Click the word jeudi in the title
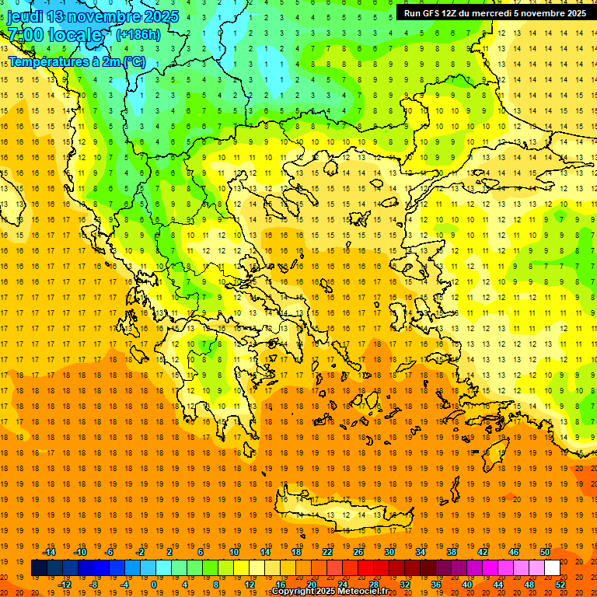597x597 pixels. [x=25, y=16]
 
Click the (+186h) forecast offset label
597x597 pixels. [x=138, y=34]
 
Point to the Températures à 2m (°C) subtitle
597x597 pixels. [x=77, y=61]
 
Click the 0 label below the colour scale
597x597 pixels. [x=154, y=585]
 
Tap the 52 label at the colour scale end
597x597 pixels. [x=560, y=585]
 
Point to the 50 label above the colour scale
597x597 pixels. [x=544, y=552]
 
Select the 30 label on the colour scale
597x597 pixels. [x=389, y=552]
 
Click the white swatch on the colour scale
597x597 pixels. [x=552, y=568]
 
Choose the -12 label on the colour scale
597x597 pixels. [x=65, y=585]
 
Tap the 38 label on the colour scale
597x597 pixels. [x=451, y=552]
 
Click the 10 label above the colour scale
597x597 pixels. [x=233, y=552]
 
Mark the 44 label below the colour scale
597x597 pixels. [x=498, y=585]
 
